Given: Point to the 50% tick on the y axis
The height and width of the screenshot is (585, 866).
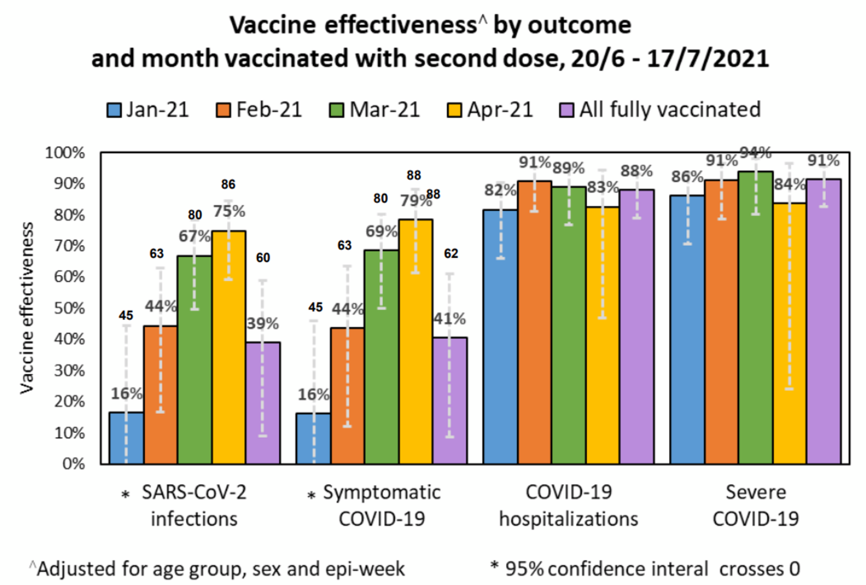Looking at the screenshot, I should pos(69,308).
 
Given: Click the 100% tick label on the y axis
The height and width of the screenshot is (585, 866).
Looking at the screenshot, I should pos(65,153).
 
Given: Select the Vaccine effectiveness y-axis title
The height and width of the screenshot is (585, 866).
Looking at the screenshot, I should pos(27,308).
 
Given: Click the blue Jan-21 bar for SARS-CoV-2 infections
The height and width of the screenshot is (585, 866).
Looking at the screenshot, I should pos(126,438).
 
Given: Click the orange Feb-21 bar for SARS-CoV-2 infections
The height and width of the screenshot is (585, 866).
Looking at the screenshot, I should pos(161,394).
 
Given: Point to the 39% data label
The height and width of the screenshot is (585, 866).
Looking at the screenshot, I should pos(263,324).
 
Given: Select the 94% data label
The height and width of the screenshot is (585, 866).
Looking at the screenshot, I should pos(755,153).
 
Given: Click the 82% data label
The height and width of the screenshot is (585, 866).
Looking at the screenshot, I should pos(500,190).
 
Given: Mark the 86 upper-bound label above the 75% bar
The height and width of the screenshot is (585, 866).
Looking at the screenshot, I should pos(228,184).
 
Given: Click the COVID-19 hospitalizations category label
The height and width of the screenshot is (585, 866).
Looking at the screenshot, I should pos(568,505).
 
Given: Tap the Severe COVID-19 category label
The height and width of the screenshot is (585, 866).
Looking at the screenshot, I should pos(756,505).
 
